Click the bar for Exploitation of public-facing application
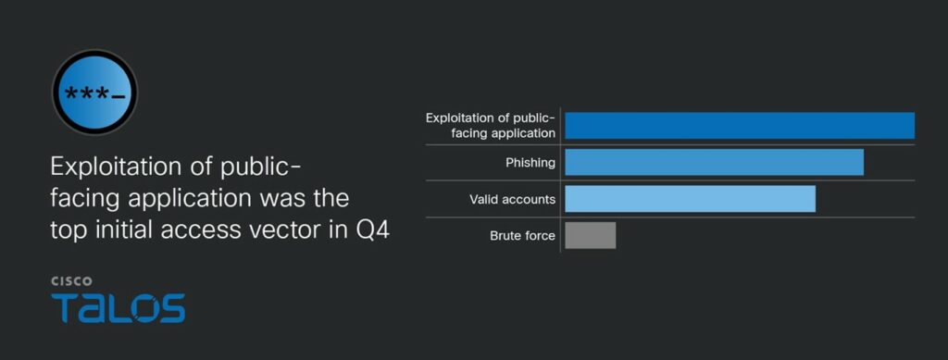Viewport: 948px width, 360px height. tap(740, 126)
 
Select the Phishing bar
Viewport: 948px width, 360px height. tap(714, 163)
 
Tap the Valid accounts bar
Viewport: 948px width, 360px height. tap(690, 199)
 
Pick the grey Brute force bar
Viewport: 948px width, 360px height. tap(590, 236)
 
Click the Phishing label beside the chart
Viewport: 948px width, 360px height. tap(530, 163)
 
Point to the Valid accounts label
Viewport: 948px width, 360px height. tap(512, 199)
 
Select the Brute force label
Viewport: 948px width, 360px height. tap(522, 236)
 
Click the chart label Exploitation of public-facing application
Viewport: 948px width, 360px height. tap(491, 126)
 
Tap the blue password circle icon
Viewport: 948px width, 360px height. tap(95, 93)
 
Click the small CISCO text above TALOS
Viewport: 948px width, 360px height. tap(71, 281)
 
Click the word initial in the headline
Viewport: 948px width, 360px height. tap(118, 230)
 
